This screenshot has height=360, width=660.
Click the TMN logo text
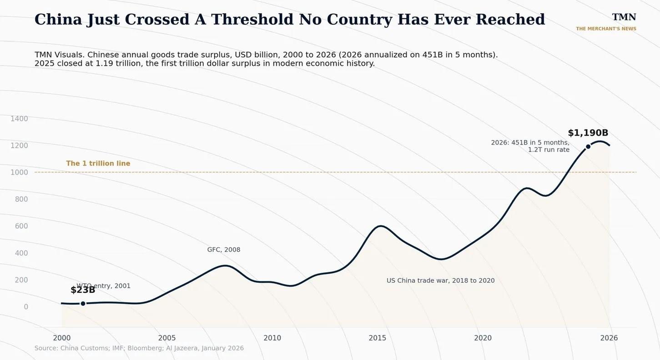pos(624,17)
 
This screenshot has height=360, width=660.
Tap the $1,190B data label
pos(588,133)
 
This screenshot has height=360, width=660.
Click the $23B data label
pos(83,290)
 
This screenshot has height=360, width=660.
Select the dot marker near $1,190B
pos(588,146)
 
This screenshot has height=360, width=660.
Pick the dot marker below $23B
pos(83,304)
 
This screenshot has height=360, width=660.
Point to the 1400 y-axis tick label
pos(19,119)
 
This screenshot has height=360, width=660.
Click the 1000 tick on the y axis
pos(19,172)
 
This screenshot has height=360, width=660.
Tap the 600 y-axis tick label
pos(21,226)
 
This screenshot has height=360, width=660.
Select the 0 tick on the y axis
pos(26,307)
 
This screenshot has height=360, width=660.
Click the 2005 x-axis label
pos(167,338)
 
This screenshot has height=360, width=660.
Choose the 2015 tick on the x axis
pos(377,338)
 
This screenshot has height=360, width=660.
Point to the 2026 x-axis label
pos(609,338)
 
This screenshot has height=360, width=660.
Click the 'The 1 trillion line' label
pos(98,163)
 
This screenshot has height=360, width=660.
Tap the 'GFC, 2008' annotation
pos(224,250)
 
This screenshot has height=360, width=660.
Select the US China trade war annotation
pos(440,280)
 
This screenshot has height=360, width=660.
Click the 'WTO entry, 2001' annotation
pos(103,286)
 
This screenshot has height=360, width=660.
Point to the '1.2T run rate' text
pos(549,150)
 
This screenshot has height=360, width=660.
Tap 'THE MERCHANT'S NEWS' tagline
pos(606,29)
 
